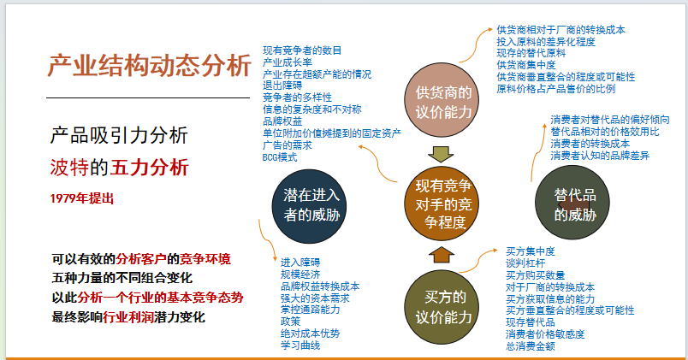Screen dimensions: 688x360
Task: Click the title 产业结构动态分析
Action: [149, 66]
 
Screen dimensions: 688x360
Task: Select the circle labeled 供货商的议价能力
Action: [442, 100]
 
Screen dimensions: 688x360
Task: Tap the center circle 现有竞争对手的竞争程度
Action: [442, 204]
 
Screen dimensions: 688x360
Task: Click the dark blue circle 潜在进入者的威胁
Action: [309, 206]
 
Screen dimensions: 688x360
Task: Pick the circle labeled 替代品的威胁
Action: [572, 203]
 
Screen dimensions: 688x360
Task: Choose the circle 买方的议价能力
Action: [442, 307]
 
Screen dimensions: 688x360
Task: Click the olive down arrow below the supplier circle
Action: [441, 155]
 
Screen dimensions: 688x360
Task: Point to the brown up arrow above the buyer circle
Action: [442, 255]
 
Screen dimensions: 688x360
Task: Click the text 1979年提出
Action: [82, 198]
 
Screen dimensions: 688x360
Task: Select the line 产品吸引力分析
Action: [119, 135]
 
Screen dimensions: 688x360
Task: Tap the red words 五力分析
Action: [149, 167]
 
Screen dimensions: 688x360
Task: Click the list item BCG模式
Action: [280, 157]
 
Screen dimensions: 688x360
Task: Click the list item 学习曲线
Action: [300, 345]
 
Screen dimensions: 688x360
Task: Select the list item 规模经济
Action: [300, 274]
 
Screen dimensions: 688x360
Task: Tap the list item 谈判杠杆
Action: [525, 263]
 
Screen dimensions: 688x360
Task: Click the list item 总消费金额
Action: [530, 346]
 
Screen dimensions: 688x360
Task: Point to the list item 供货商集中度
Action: [526, 65]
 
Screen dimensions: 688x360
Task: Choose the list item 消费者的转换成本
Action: [590, 144]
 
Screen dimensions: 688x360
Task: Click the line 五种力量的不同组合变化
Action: [122, 278]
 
